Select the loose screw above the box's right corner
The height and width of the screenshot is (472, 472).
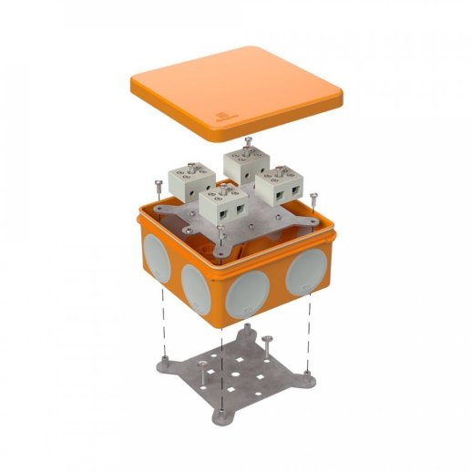313,193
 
